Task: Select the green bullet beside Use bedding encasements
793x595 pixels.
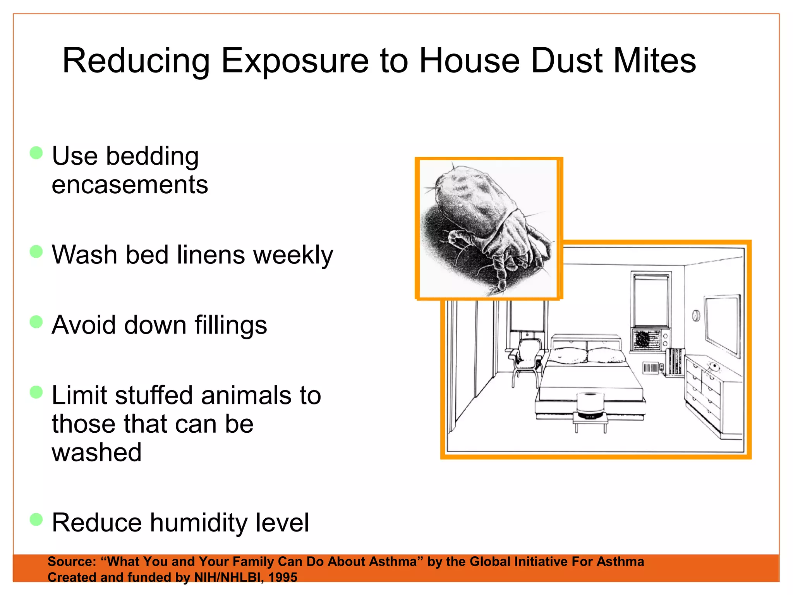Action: click(36, 153)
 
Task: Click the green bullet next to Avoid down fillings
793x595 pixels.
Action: click(36, 322)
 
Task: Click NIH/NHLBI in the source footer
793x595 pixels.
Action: click(227, 577)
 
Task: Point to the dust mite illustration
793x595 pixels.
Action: click(488, 229)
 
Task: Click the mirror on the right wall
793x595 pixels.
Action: click(723, 323)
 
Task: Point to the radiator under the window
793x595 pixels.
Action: click(675, 362)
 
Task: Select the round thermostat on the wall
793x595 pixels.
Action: click(696, 316)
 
